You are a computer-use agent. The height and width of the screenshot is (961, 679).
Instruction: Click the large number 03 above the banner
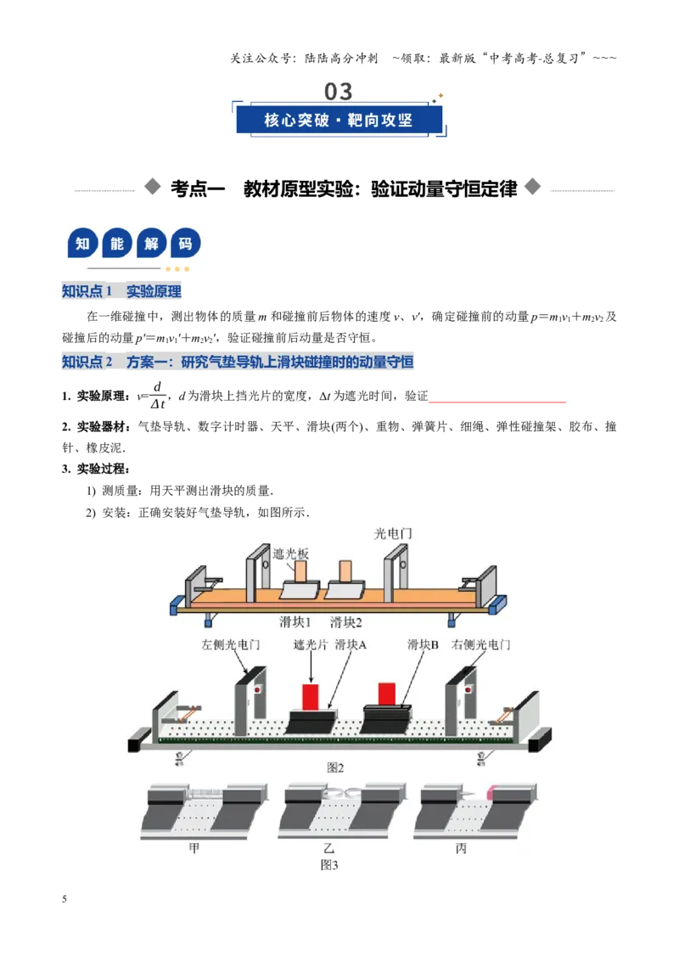pos(339,92)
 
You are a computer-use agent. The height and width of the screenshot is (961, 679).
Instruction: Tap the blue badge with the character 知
pos(82,244)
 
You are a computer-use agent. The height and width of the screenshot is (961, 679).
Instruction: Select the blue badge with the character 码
pos(185,244)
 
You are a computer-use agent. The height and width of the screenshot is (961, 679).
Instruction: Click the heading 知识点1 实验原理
pos(121,291)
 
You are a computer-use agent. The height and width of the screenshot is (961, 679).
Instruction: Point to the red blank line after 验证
pos(497,402)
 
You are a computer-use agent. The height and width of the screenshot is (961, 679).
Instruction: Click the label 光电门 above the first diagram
pos(393,534)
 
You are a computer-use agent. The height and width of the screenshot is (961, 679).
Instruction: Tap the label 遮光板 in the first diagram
pos(290,554)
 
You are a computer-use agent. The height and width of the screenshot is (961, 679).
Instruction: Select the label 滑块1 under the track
pos(295,622)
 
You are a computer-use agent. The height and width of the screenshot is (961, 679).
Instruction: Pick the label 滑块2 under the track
pos(346,622)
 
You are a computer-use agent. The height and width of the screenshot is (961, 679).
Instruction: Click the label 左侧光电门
pos(231,644)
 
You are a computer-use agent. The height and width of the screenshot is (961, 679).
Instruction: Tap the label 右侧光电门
pos(481,644)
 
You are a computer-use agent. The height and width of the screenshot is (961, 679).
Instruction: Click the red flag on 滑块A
pos(311,697)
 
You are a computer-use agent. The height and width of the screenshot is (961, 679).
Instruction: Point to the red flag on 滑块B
pos(387,694)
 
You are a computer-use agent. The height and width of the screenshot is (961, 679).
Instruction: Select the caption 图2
pos(335,767)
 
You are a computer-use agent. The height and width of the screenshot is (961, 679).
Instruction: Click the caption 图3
pos(329,865)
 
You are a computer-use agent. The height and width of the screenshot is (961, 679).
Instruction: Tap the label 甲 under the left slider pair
pos(194,848)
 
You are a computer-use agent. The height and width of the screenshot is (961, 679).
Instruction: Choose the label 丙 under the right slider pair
pos(461,848)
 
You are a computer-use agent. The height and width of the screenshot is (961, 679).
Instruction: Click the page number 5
pos(65,899)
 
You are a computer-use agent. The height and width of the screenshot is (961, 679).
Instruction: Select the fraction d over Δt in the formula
pos(158,396)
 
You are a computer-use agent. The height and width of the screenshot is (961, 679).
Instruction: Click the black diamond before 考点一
pos(152,186)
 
